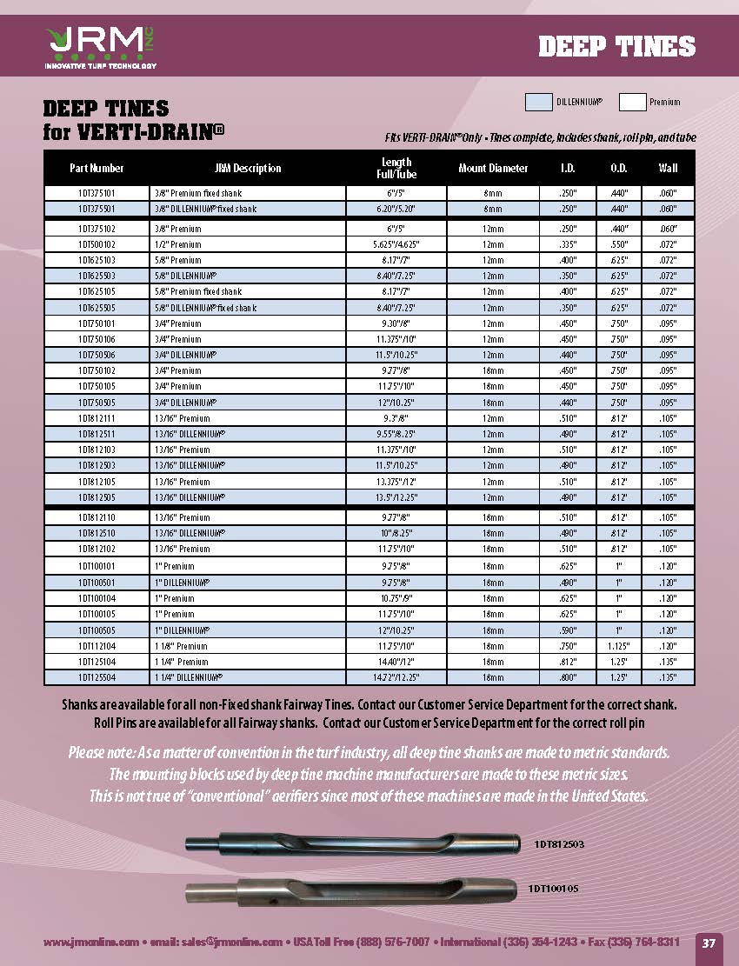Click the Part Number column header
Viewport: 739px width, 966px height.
97,169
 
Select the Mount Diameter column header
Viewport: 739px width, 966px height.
493,169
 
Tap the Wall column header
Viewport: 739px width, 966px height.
668,169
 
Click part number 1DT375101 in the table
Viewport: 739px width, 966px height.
97,193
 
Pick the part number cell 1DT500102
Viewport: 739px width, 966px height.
97,244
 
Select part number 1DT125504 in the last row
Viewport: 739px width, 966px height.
97,676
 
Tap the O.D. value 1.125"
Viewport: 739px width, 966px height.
620,645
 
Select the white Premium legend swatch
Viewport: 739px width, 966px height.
632,102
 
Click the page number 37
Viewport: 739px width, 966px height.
709,943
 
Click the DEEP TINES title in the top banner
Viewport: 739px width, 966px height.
617,46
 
